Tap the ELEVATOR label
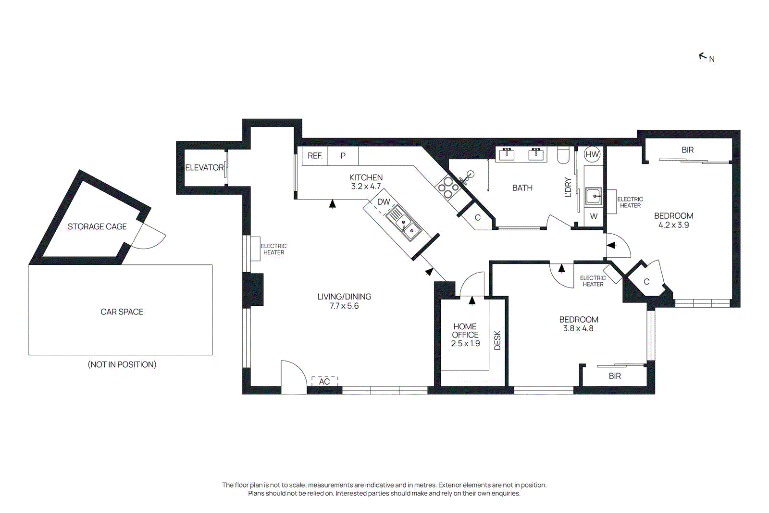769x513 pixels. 204,167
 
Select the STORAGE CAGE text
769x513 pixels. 97,226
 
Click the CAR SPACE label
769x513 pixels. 122,312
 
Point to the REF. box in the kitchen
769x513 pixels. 315,156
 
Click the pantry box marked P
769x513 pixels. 343,156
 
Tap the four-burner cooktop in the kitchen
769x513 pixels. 448,188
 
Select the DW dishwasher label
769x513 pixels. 384,202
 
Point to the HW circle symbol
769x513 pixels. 592,154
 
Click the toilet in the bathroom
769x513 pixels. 563,155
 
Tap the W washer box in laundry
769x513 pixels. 594,216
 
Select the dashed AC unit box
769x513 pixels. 324,381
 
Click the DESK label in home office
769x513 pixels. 497,340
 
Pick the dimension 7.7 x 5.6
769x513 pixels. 344,306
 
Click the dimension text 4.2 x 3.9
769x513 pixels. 673,225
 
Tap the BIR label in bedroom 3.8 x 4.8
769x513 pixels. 615,376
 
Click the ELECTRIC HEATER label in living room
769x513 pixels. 273,249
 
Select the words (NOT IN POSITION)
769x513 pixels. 122,364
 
